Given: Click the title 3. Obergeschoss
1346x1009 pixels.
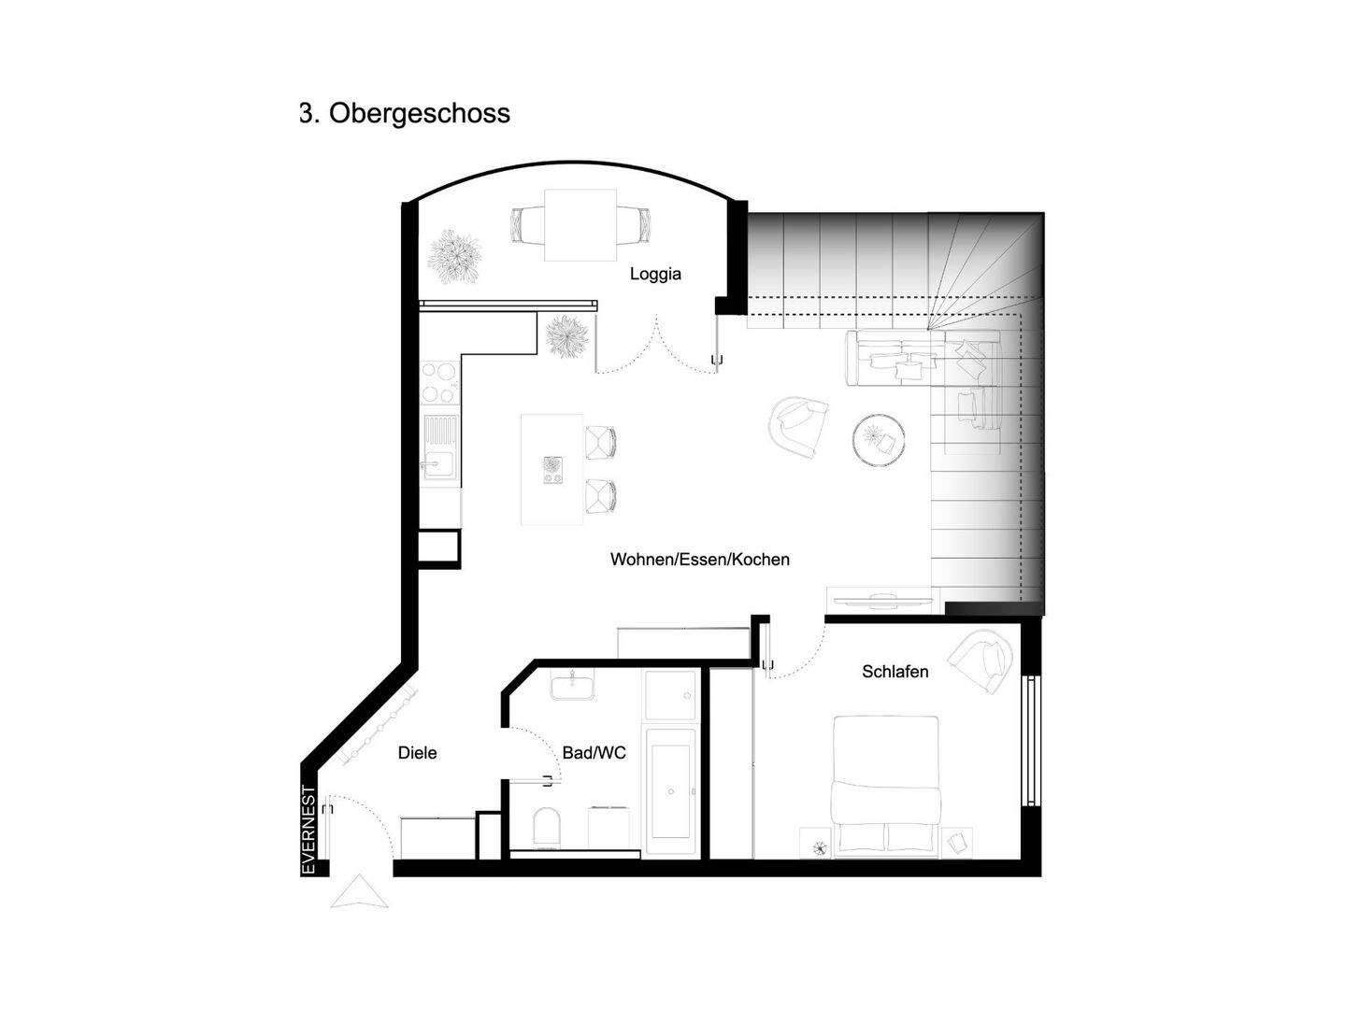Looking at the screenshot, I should (404, 113).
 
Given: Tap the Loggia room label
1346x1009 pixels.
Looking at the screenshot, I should (655, 274).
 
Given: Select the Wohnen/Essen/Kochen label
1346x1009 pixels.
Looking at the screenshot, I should (699, 560).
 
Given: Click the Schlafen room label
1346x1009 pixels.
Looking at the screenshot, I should (895, 672).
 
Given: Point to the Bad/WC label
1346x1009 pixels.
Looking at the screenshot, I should (594, 752).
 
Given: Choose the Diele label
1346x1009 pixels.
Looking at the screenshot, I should (417, 752).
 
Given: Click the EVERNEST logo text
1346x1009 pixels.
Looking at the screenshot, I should (308, 831).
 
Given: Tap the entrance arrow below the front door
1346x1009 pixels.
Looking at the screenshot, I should (359, 892).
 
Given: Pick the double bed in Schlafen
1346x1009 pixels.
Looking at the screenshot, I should (885, 785).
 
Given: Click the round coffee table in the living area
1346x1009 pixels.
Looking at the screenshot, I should (879, 437).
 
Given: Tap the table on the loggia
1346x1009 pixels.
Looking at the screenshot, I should (580, 225).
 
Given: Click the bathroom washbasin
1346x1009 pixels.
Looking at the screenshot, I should (572, 687).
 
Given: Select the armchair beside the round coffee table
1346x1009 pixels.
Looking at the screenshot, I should (799, 426).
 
